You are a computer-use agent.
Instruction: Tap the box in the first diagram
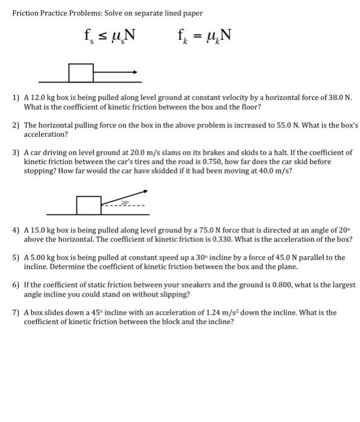coord(81,72)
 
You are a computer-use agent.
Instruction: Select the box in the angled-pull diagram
coord(89,205)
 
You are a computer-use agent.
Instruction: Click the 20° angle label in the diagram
coord(125,203)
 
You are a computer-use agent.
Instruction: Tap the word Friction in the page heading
coord(27,13)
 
